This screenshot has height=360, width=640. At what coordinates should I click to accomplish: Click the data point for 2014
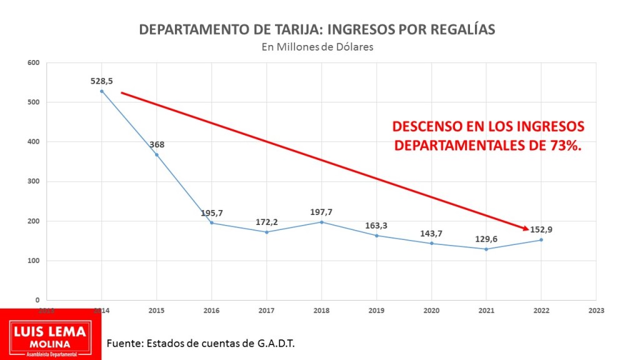coord(102,91)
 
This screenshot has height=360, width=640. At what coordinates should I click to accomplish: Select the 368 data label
coord(157,145)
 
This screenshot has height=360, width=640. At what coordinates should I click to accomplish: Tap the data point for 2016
coord(212,222)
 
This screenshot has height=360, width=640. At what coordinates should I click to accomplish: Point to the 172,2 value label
coord(267,222)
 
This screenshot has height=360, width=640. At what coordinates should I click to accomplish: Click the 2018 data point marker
coord(322,222)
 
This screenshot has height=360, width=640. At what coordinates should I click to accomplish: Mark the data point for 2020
coord(431,243)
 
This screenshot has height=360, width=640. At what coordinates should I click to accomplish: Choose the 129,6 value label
coord(486,239)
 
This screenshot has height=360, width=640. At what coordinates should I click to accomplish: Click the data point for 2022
coord(541,240)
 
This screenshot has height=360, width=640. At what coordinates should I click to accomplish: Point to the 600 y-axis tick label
coord(34,62)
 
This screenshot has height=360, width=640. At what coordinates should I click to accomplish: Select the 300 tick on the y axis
coord(34,181)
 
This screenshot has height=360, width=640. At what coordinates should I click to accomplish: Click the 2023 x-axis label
coord(596,309)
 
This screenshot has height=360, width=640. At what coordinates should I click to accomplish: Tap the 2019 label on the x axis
coord(377,309)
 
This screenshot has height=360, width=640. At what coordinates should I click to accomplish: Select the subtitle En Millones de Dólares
coord(318,47)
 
